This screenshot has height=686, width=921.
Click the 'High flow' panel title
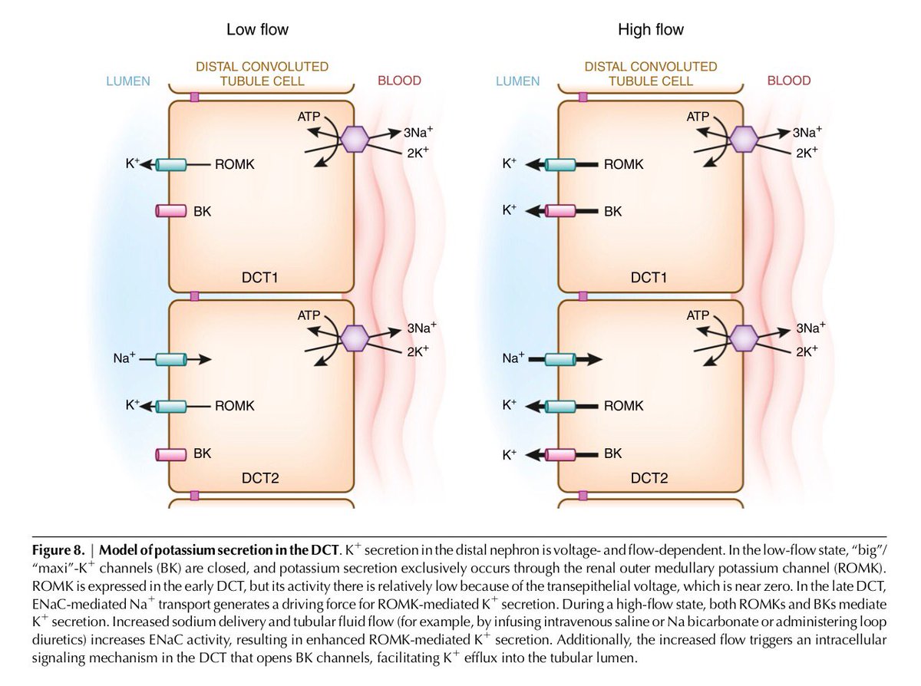point(650,31)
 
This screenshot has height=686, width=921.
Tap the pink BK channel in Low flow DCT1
point(171,211)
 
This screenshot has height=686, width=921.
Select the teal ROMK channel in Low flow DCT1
point(171,164)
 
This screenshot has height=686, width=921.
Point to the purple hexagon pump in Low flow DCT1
point(355,140)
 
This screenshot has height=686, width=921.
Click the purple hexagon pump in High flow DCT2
point(743,338)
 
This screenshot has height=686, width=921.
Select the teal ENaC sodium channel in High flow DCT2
point(560,358)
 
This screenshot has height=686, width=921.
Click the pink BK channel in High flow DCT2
point(560,453)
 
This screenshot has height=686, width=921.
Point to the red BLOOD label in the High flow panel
point(788,81)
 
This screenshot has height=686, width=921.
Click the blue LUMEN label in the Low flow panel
point(128,81)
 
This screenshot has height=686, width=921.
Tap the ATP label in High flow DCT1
point(699,117)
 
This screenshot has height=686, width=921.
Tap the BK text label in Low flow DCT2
point(202,453)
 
